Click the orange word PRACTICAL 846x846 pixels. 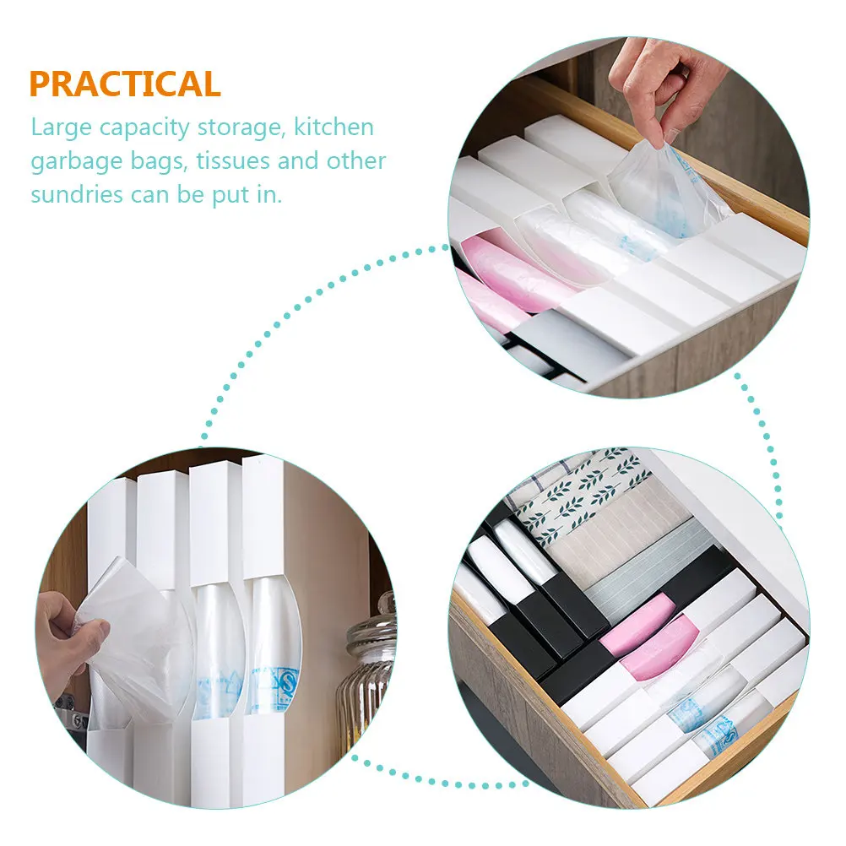[125, 84]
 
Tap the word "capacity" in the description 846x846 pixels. [144, 128]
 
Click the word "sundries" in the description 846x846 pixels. [77, 194]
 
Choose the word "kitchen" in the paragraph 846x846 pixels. [334, 127]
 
